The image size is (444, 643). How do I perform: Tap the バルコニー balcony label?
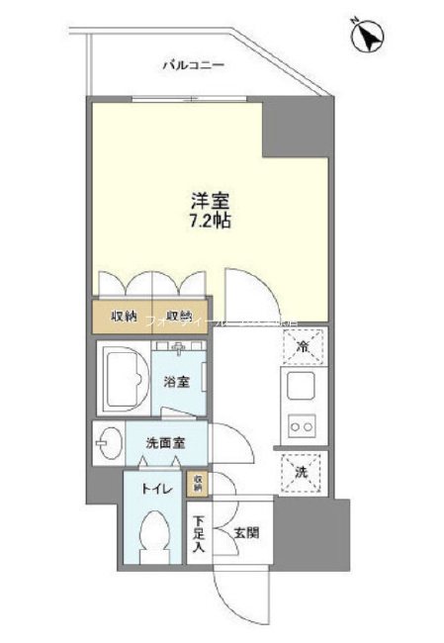[x=194, y=65]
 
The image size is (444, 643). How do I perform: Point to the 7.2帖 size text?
[x=209, y=221]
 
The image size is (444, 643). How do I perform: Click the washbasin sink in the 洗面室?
[x=108, y=441]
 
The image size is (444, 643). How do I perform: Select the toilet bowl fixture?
[x=154, y=536]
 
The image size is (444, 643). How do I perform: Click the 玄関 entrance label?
[x=245, y=532]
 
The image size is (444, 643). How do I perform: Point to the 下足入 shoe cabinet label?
[x=199, y=534]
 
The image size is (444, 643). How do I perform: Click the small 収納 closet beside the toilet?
[x=198, y=483]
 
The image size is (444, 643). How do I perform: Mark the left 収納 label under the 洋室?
[x=125, y=319]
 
